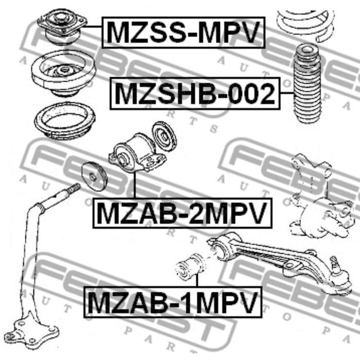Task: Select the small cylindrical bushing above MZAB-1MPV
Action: [x=190, y=267]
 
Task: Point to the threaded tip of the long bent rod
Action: [x=75, y=188]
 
